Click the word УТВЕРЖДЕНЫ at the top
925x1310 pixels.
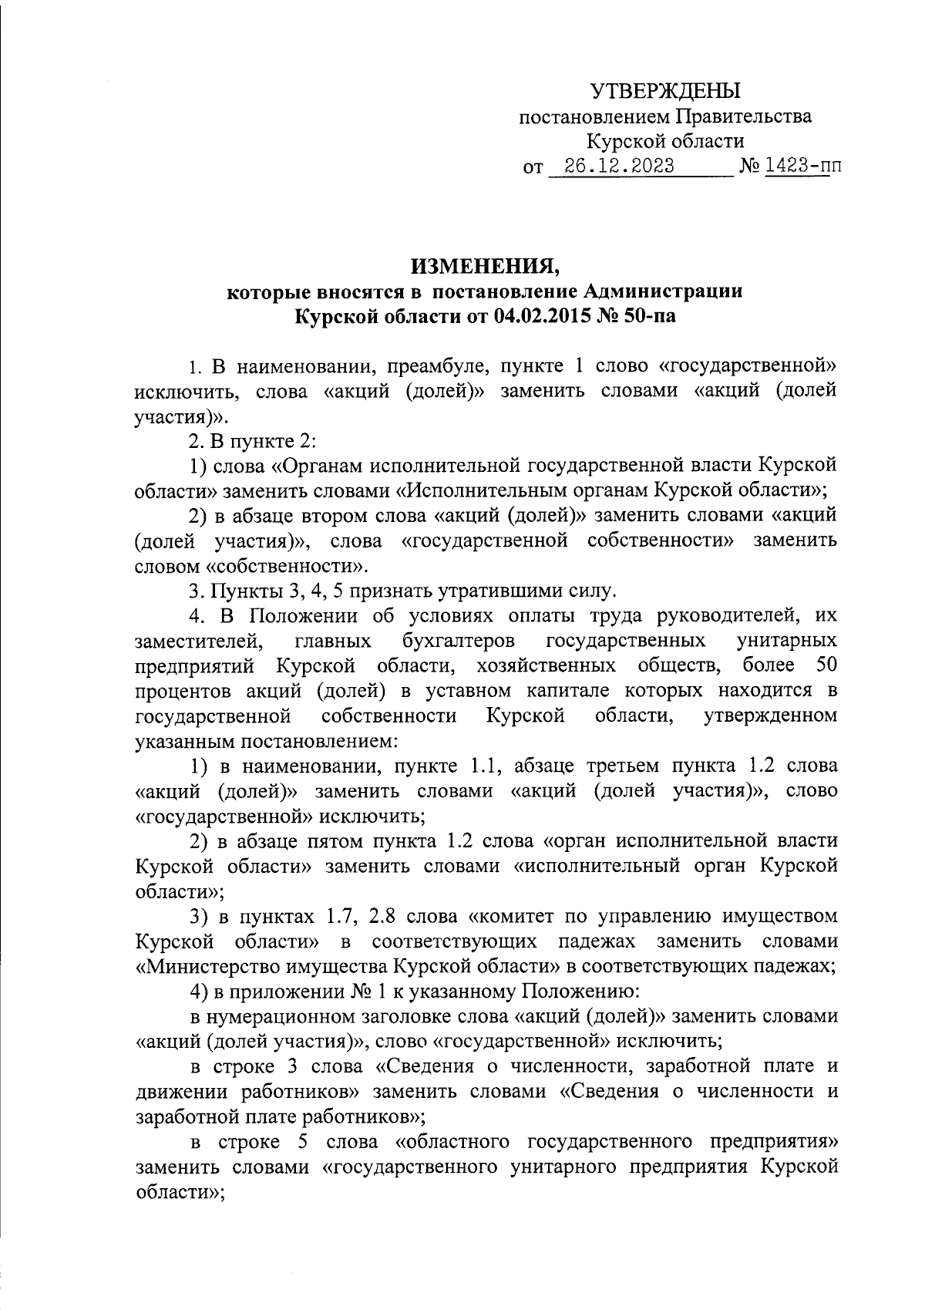click(665, 92)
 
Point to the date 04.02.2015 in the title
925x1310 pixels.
click(540, 317)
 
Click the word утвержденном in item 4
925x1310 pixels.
click(770, 716)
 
